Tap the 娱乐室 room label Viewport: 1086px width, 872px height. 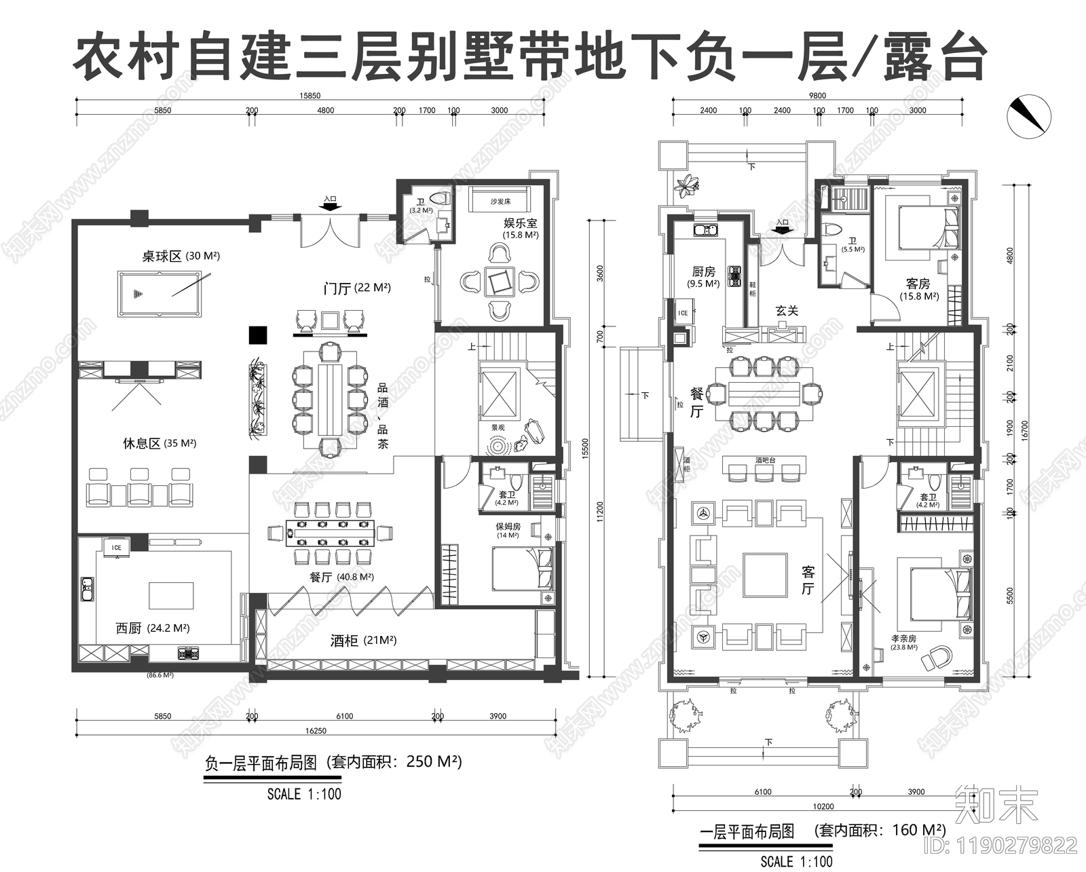click(520, 223)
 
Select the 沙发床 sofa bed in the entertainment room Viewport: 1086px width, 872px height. click(500, 201)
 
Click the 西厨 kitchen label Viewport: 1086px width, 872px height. click(129, 628)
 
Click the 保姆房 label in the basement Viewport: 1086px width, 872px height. click(507, 526)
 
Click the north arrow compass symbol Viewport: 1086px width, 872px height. click(1028, 115)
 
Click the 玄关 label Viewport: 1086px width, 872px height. click(787, 311)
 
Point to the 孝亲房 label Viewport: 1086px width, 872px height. click(904, 639)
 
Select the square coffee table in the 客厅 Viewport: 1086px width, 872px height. click(765, 575)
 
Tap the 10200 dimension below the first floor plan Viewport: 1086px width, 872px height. click(823, 807)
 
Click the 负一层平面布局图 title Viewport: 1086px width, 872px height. click(261, 763)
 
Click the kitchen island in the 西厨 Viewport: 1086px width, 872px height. click(170, 594)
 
